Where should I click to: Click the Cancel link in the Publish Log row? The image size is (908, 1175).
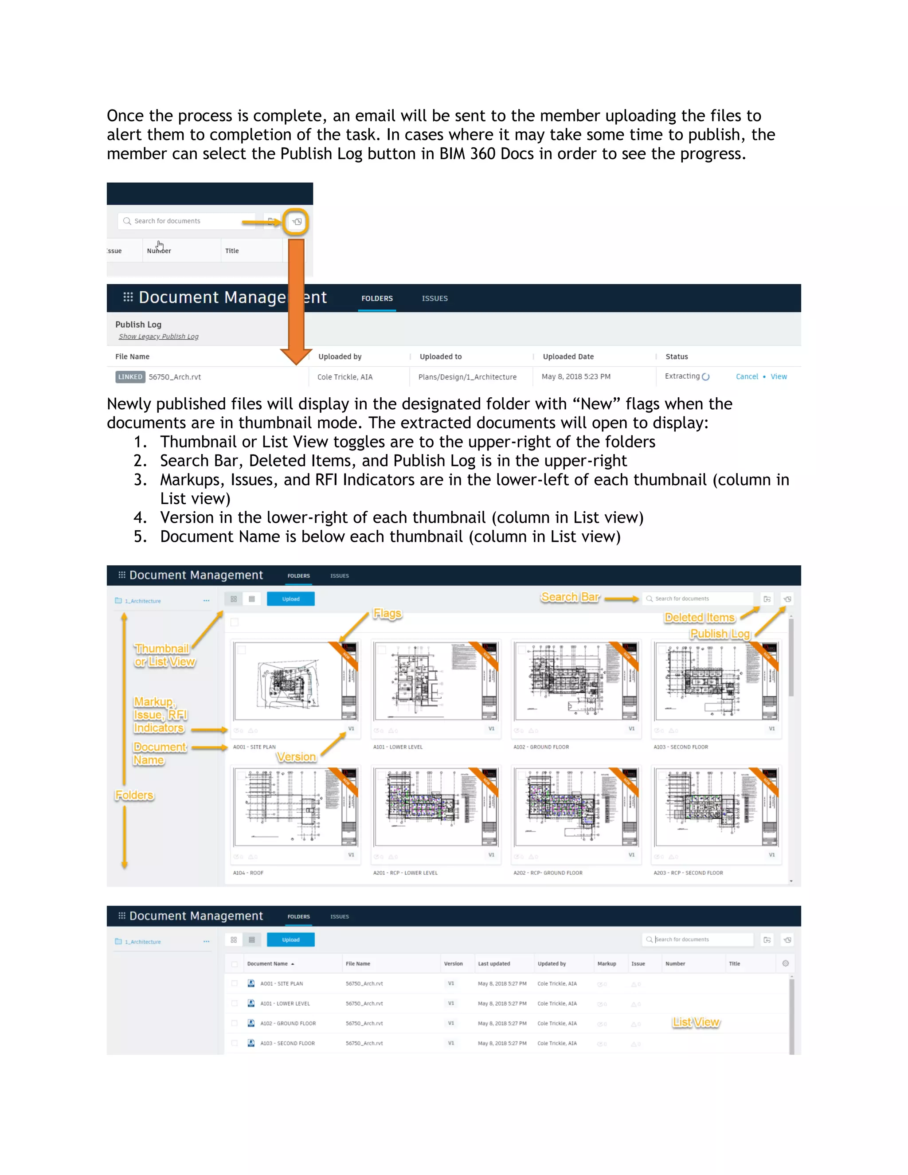747,376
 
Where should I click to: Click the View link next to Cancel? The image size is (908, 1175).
779,376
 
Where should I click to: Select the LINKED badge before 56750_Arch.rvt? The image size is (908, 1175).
130,376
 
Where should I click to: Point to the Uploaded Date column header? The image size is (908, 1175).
568,356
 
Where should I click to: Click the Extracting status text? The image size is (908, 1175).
682,376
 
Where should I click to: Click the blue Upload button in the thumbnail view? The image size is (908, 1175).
290,599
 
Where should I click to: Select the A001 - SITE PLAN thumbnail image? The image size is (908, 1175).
295,681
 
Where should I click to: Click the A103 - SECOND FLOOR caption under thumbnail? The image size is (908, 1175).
681,747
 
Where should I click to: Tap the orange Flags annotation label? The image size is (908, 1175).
387,613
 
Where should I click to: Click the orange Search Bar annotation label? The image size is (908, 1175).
570,597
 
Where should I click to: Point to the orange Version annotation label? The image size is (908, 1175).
296,757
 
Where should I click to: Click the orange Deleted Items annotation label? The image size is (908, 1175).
699,618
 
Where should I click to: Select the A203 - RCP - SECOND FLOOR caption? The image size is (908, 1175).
688,873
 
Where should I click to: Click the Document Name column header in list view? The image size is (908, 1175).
267,963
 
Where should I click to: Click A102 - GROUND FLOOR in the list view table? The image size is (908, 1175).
288,1023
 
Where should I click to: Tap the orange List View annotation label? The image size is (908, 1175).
696,1022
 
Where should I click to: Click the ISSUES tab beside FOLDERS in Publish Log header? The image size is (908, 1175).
434,298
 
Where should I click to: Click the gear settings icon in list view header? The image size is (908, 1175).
785,963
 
